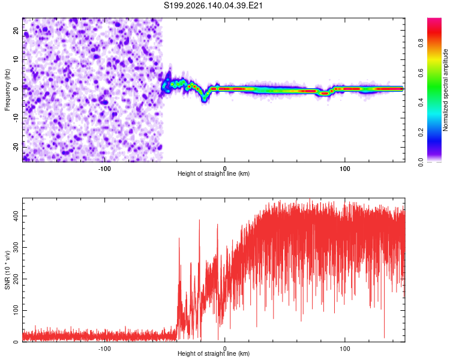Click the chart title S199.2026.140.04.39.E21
pos(213,5)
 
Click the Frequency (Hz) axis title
pos(7,90)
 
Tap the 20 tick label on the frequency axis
pos(16,31)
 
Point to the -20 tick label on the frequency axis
pos(16,147)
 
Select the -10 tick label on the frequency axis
pos(16,118)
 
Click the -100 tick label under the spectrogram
pos(104,169)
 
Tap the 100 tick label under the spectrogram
pos(344,169)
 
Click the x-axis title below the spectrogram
pos(214,173)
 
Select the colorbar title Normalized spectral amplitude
pos(445,90)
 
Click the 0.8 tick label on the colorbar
pos(421,43)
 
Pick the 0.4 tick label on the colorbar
pos(421,102)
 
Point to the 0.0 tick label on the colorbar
pos(421,162)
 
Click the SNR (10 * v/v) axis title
pos(7,270)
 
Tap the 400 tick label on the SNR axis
pos(16,216)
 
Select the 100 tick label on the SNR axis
pos(16,310)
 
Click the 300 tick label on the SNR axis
pos(16,247)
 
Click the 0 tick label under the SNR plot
pos(225,349)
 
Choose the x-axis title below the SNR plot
pos(214,353)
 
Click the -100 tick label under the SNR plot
pos(104,349)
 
